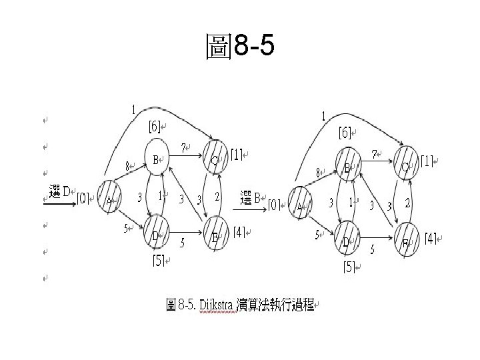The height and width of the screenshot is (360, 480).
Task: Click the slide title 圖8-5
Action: click(240, 48)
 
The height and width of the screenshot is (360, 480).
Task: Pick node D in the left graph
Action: click(155, 231)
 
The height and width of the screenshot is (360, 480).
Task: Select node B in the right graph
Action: click(347, 167)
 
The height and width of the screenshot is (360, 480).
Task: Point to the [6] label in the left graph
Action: click(155, 126)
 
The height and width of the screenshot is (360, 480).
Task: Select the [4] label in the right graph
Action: click(431, 238)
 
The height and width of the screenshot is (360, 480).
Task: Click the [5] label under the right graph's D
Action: click(349, 267)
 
